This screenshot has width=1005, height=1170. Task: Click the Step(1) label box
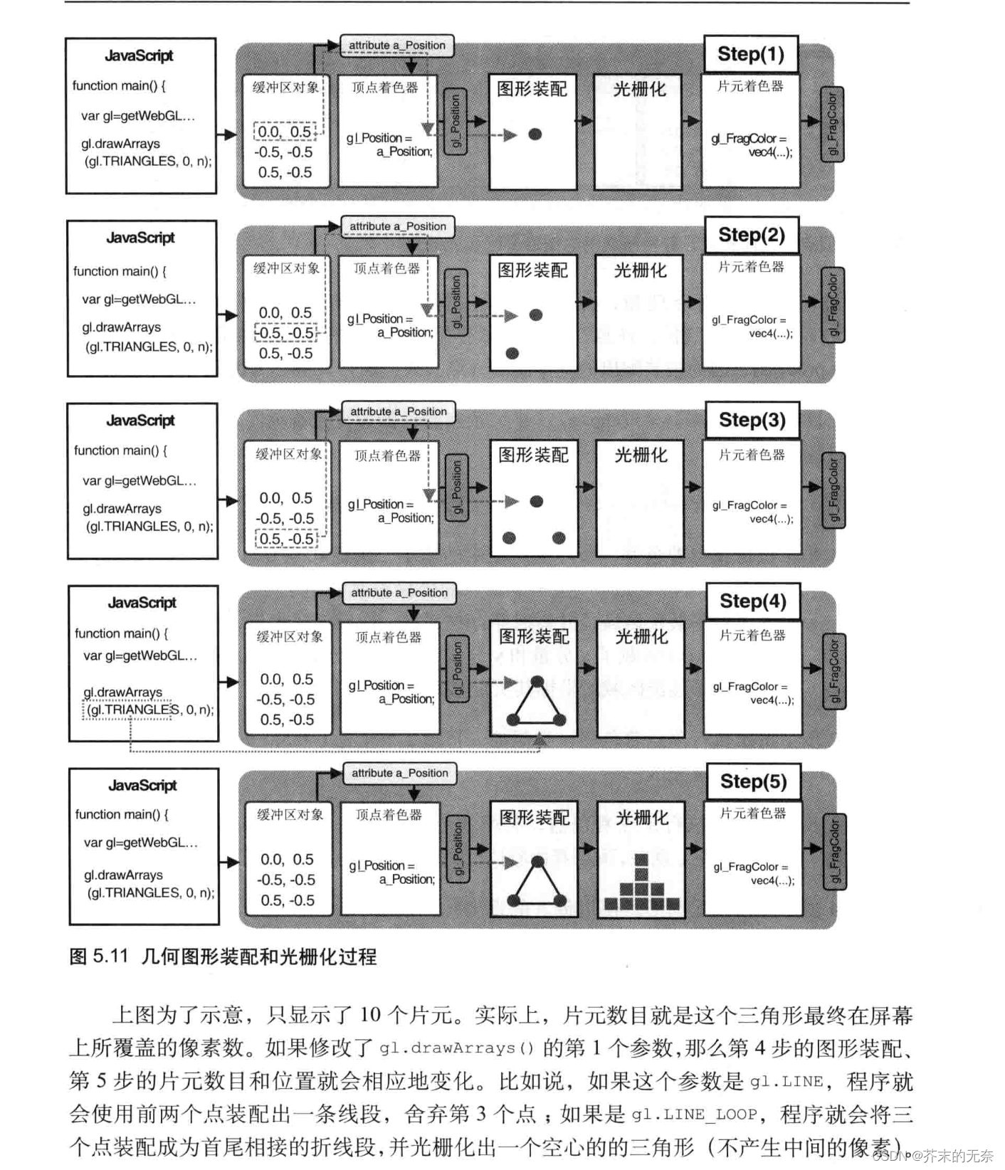[x=750, y=54]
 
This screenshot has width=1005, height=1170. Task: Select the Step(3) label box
[x=752, y=420]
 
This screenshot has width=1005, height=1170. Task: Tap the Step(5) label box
[x=753, y=781]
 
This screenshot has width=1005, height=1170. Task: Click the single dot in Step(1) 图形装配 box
[x=535, y=134]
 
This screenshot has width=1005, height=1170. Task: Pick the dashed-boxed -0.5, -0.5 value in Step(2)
[x=285, y=333]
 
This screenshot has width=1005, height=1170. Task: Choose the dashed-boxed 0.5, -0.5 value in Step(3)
[x=286, y=539]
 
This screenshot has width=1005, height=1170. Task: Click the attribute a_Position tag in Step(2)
[x=397, y=226]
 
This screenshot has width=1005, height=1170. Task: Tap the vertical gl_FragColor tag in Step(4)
[x=834, y=669]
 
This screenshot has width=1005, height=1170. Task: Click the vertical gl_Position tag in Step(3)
[x=457, y=487]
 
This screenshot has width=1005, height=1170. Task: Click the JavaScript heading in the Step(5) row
[x=142, y=786]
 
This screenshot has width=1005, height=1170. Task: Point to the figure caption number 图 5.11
[x=98, y=956]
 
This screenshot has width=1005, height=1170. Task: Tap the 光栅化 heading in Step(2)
[x=640, y=270]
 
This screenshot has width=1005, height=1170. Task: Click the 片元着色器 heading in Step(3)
[x=752, y=454]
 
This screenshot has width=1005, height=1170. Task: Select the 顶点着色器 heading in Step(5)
[x=389, y=815]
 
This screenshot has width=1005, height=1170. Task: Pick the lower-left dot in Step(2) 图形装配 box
[x=512, y=353]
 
